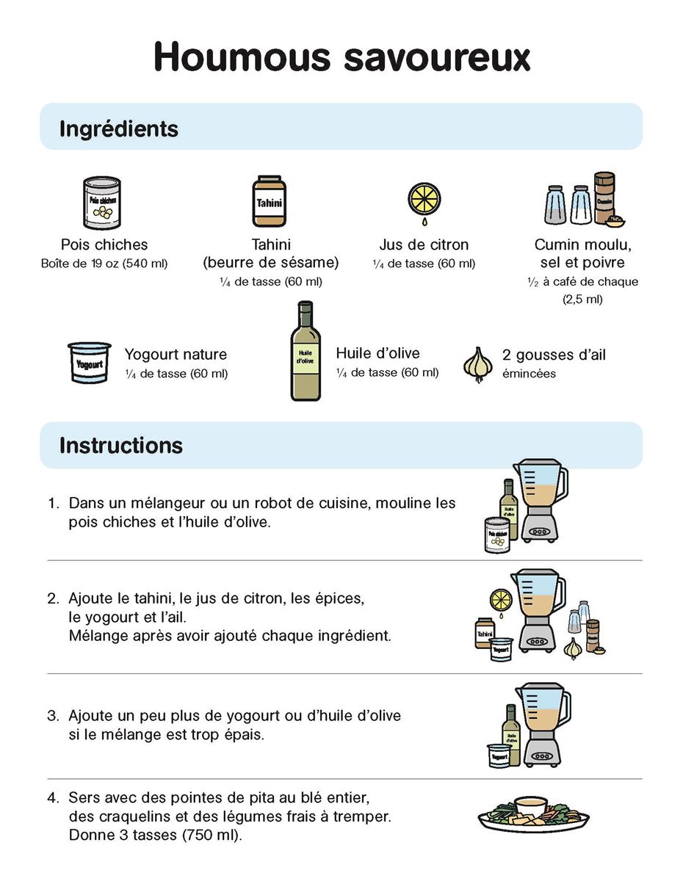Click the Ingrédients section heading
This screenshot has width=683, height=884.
click(x=119, y=129)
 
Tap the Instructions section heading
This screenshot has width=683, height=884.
click(x=121, y=445)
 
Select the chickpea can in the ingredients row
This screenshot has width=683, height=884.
click(x=101, y=203)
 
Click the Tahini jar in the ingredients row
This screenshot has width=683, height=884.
click(x=269, y=201)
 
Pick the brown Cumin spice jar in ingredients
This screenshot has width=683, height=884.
click(x=605, y=198)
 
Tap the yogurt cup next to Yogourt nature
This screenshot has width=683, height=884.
click(x=89, y=362)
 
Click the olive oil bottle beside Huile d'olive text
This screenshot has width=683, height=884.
click(x=305, y=351)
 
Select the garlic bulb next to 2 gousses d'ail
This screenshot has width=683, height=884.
click(x=478, y=365)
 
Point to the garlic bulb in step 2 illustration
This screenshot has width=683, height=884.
click(x=573, y=648)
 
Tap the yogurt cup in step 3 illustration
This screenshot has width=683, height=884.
click(x=499, y=756)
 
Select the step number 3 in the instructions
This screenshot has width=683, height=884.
click(x=53, y=715)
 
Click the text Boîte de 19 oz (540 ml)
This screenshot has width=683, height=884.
click(x=104, y=264)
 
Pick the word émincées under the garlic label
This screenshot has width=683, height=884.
click(x=529, y=373)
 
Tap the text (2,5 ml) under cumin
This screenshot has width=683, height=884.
click(x=582, y=300)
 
